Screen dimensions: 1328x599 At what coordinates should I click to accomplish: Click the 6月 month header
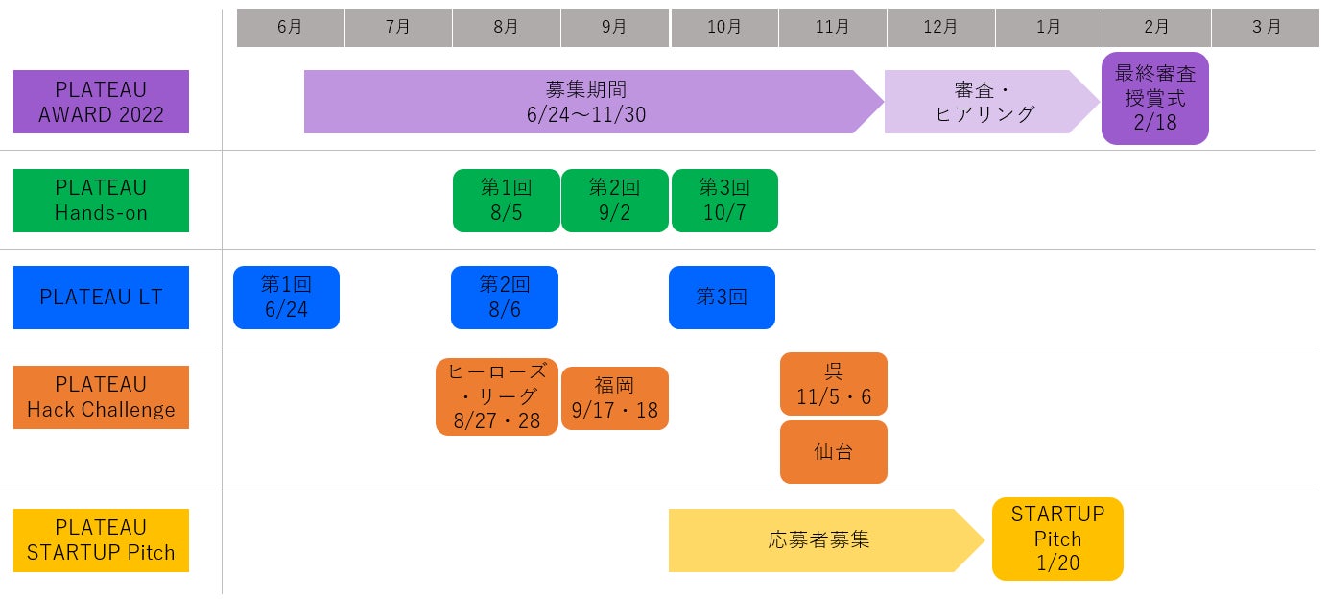click(290, 28)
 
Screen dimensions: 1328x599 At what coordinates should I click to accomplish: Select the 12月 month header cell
click(940, 28)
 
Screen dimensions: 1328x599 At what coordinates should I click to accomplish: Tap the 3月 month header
click(1266, 28)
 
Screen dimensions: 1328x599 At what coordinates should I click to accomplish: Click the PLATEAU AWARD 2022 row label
click(101, 102)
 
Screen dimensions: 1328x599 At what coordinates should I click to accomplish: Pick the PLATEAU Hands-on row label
click(101, 201)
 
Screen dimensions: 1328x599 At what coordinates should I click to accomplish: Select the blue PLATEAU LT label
click(101, 298)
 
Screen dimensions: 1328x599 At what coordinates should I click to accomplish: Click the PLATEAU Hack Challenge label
click(101, 397)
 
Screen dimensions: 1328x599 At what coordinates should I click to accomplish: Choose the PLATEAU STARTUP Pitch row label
click(101, 540)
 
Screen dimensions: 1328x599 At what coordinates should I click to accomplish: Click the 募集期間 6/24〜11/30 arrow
click(585, 102)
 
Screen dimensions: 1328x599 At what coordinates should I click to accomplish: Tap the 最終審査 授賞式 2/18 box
click(1154, 98)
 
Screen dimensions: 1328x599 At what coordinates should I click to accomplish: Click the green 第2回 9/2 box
click(614, 201)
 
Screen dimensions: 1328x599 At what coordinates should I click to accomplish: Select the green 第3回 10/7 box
click(724, 201)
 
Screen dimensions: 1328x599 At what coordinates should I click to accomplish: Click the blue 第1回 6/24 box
click(286, 298)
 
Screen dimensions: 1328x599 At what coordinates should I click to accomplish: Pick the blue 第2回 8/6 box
click(505, 298)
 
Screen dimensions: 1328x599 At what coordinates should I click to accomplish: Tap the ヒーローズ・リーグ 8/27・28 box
click(497, 396)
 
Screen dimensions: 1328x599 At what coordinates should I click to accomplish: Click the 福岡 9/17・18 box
click(614, 398)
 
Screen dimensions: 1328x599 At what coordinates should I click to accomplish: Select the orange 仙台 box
click(833, 452)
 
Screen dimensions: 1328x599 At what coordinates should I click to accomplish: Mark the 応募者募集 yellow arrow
click(818, 540)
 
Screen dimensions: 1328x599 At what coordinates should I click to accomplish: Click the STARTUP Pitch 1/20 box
click(1057, 539)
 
